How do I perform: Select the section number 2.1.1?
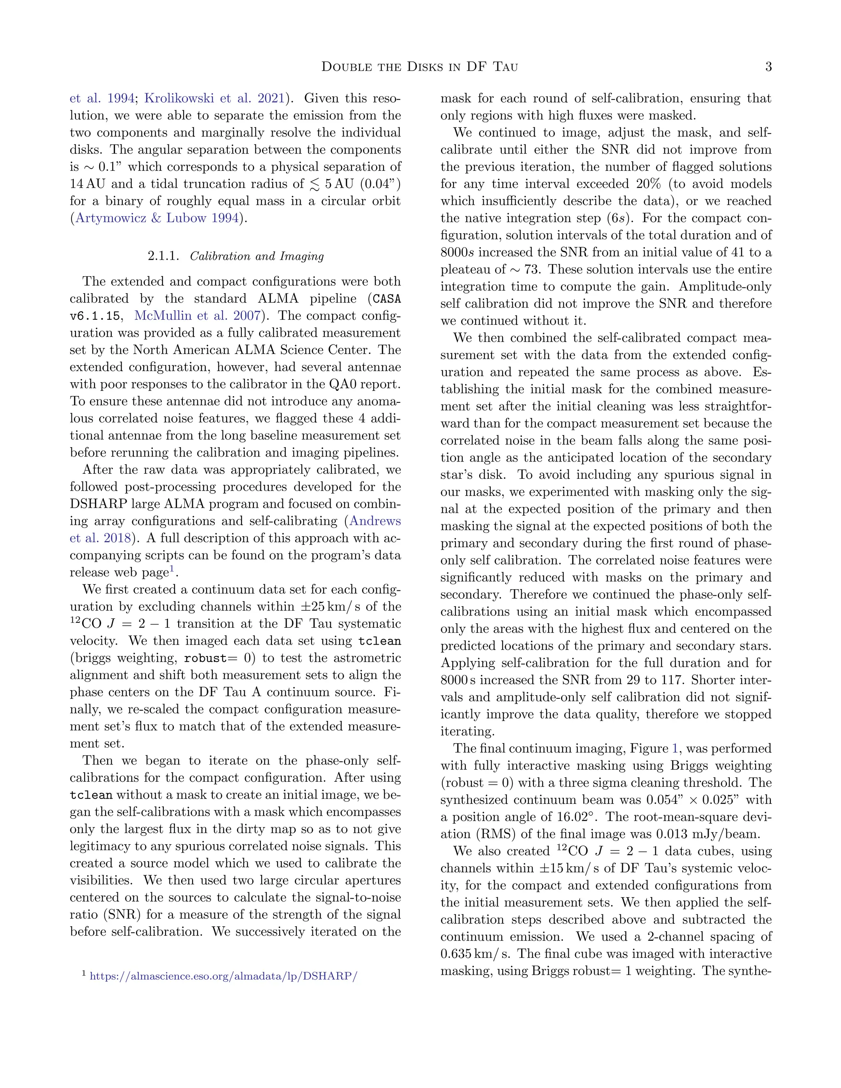coord(163,256)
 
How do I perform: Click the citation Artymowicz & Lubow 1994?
coord(156,218)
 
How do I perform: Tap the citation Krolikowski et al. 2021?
coord(214,98)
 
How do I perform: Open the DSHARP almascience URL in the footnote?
coord(223,976)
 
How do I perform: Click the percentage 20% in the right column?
coord(648,184)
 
